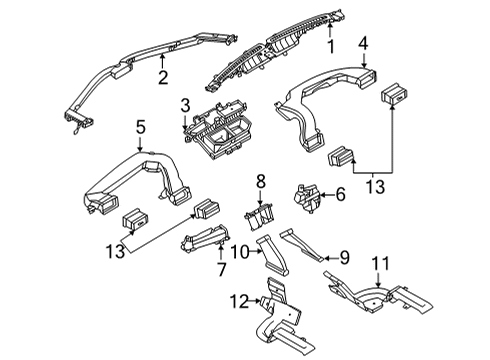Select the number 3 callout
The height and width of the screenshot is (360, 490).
(185, 105)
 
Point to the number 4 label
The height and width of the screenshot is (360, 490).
(364, 43)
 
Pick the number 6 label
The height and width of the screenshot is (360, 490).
(340, 195)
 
